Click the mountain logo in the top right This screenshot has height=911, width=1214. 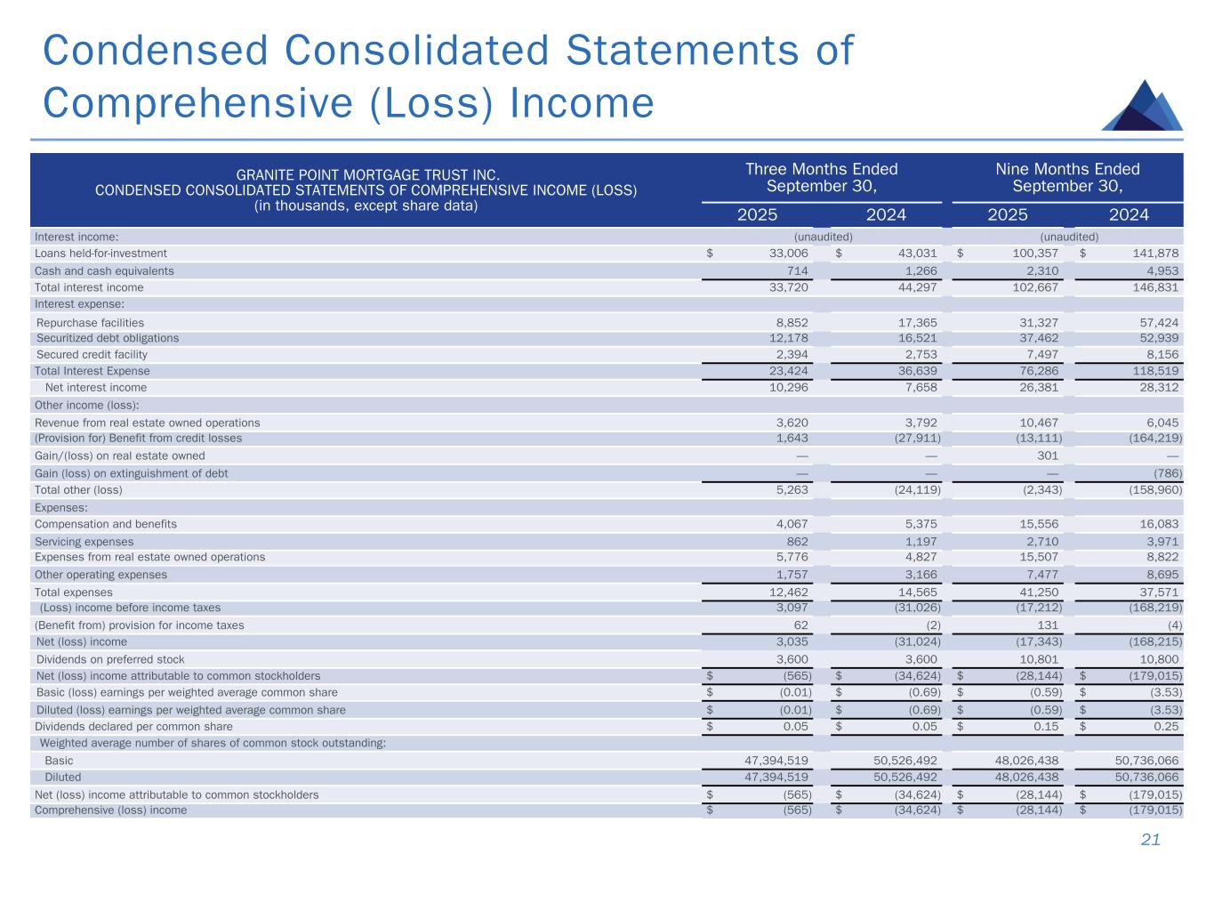(x=1142, y=106)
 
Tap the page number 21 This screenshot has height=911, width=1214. (x=1151, y=840)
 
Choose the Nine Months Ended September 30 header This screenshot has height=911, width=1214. (x=1067, y=177)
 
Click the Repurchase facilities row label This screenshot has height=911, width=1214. (x=90, y=322)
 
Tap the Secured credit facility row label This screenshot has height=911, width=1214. (x=92, y=354)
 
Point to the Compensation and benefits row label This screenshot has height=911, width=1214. (x=105, y=524)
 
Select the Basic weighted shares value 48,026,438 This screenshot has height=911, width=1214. (x=1027, y=761)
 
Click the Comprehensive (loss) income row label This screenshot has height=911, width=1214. (x=110, y=810)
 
